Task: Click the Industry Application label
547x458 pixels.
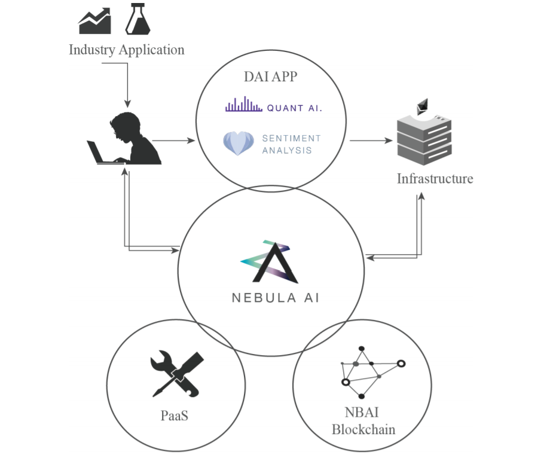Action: click(x=126, y=50)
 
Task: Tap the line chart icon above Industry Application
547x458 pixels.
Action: click(x=95, y=22)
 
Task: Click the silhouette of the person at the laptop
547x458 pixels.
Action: click(x=129, y=139)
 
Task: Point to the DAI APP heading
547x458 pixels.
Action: click(x=270, y=77)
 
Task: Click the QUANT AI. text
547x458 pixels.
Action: click(x=295, y=108)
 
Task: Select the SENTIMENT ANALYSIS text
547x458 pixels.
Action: click(x=291, y=144)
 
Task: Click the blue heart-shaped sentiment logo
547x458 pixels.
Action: click(x=239, y=143)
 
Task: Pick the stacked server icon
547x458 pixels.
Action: click(x=424, y=140)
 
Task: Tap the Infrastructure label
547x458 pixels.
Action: click(x=435, y=178)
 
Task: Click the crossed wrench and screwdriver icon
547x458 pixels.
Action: click(x=176, y=375)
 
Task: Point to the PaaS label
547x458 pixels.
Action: click(x=175, y=415)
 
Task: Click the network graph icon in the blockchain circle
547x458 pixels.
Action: click(x=369, y=371)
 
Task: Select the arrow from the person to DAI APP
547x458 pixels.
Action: click(x=174, y=141)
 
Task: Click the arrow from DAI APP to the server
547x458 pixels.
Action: click(x=371, y=141)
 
